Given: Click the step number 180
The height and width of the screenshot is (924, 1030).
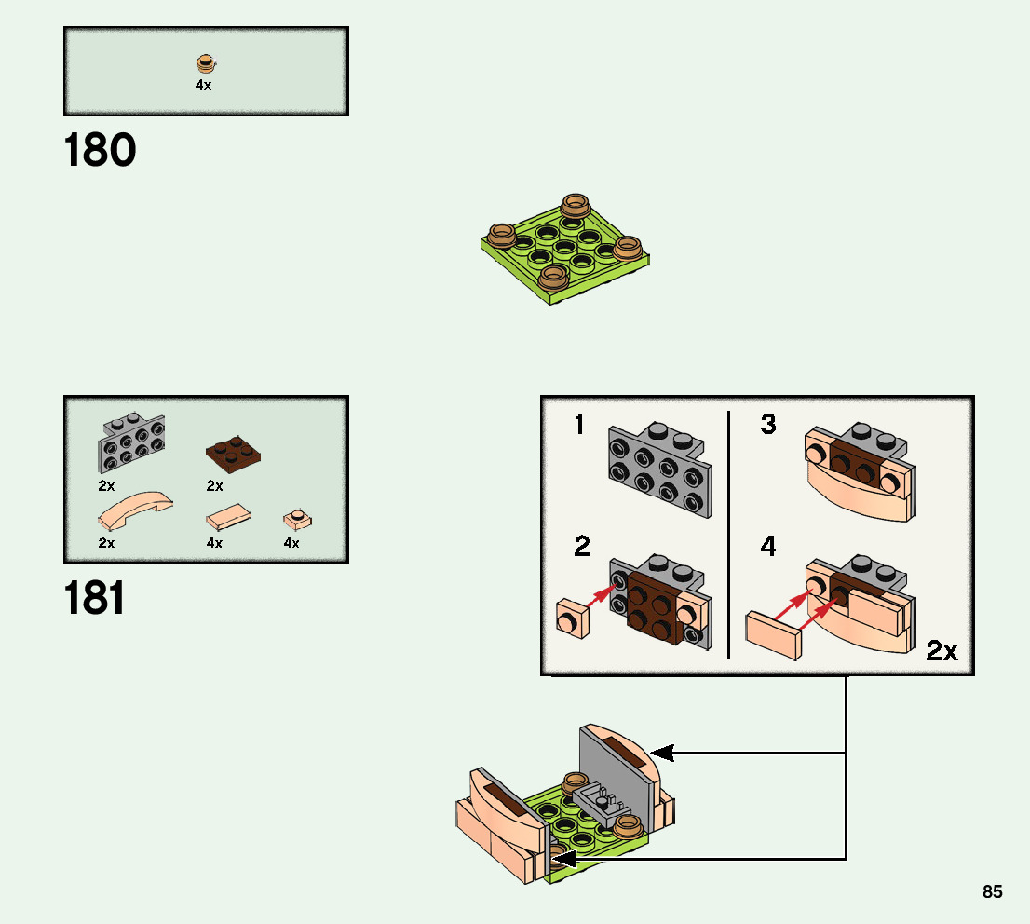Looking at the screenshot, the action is click(x=101, y=151).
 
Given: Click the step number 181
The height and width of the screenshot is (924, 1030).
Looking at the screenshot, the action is click(x=95, y=598).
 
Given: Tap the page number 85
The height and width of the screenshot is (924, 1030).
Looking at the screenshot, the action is click(x=992, y=892).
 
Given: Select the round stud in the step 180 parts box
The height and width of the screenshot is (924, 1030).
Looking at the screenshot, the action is click(x=205, y=63).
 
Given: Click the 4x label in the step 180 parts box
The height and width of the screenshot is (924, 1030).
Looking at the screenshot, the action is click(x=203, y=85).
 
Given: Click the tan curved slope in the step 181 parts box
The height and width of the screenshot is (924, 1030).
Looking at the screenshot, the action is click(x=134, y=508).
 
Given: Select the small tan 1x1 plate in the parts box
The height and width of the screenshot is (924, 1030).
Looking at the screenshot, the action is click(x=295, y=517).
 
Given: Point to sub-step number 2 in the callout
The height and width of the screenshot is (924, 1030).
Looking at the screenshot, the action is click(x=582, y=547).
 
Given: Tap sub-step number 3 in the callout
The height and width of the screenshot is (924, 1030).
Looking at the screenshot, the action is click(x=767, y=425).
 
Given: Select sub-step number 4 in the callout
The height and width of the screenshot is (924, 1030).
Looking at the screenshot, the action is click(x=767, y=547).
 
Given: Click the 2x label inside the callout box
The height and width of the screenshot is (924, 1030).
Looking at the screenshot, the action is click(x=942, y=651).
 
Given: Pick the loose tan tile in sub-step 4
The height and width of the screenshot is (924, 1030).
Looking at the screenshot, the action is click(x=773, y=636).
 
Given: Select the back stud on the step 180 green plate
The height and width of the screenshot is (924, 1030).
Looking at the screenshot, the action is click(x=576, y=204).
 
